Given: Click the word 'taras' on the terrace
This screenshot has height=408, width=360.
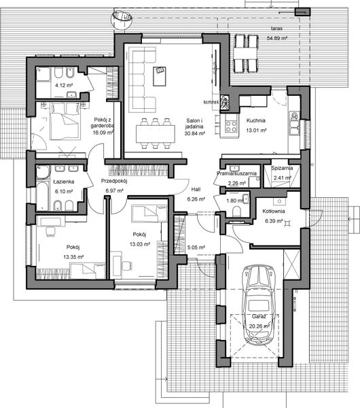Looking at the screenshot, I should (276, 29).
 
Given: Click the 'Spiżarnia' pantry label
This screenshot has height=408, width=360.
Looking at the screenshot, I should (282, 167).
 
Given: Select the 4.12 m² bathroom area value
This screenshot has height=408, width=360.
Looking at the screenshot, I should (54, 86).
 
